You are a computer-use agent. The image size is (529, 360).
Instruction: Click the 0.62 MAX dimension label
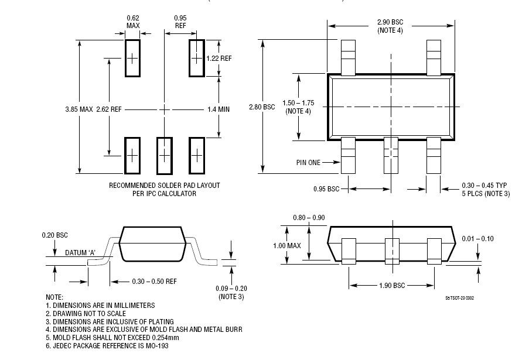tap(132, 22)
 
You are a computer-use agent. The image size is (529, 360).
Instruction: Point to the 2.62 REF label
tap(108, 109)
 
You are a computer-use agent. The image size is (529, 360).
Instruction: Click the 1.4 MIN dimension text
tap(219, 109)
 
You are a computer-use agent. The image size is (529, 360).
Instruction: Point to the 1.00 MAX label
tap(286, 245)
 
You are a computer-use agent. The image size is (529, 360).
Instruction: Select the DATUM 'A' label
tap(80, 253)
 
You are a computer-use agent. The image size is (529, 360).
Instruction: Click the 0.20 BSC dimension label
tap(55, 235)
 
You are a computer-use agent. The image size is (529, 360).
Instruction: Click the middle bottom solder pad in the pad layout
tap(165, 155)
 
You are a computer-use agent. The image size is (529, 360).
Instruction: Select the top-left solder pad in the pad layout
tap(132, 57)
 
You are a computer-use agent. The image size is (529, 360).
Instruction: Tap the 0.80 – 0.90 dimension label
tap(309, 218)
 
